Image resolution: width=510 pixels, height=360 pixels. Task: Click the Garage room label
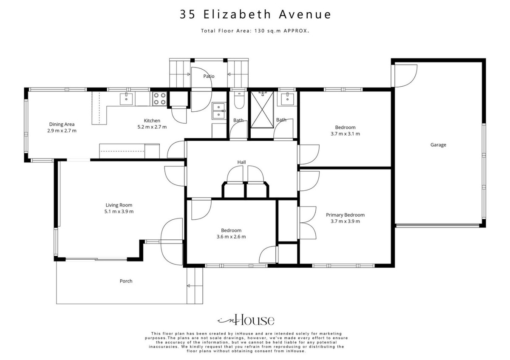pyautogui.click(x=438, y=145)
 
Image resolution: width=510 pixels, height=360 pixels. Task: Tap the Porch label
pyautogui.click(x=126, y=281)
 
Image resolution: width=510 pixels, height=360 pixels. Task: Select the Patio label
pyautogui.click(x=209, y=76)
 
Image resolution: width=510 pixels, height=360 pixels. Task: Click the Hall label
pyautogui.click(x=241, y=162)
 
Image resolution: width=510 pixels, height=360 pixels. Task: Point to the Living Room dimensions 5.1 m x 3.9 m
pyautogui.click(x=119, y=212)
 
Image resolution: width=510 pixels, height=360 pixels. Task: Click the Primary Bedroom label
pyautogui.click(x=345, y=215)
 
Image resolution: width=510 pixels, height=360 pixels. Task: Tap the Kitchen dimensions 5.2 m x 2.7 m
pyautogui.click(x=152, y=127)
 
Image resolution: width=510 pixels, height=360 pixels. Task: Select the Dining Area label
pyautogui.click(x=62, y=125)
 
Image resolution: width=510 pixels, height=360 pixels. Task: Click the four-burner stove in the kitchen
pyautogui.click(x=160, y=98)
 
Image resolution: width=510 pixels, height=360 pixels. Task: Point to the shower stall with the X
pyautogui.click(x=262, y=110)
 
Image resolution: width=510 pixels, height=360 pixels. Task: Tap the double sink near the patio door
pyautogui.click(x=218, y=111)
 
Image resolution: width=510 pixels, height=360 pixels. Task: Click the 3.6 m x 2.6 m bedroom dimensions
pyautogui.click(x=231, y=237)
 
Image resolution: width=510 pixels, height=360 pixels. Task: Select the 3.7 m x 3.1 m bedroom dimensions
pyautogui.click(x=345, y=134)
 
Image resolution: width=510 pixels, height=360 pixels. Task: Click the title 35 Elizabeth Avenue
pyautogui.click(x=255, y=14)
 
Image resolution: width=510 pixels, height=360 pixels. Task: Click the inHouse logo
pyautogui.click(x=246, y=320)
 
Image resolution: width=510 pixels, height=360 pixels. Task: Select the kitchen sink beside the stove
pyautogui.click(x=126, y=99)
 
